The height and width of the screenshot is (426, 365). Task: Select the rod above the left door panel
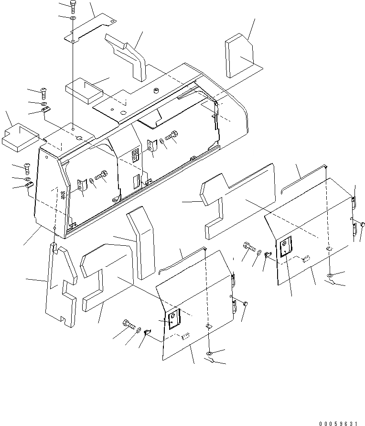tap(182, 261)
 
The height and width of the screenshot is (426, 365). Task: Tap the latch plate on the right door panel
tap(285, 248)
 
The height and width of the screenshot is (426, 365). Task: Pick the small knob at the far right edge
tap(363, 224)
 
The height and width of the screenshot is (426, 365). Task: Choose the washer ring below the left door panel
tap(210, 353)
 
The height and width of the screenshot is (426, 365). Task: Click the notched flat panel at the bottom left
tap(60, 287)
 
